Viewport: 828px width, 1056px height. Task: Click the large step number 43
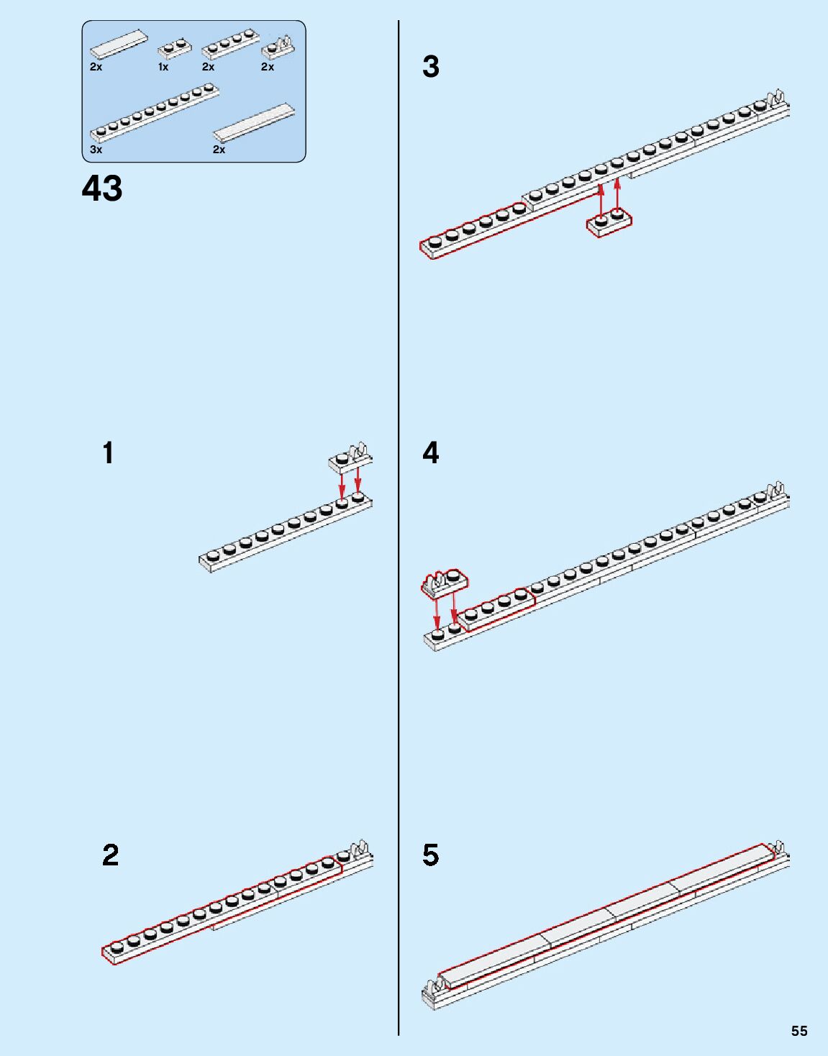[x=102, y=188]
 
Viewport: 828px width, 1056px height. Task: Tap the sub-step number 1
[x=108, y=454]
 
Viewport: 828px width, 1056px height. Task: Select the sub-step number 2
[x=110, y=855]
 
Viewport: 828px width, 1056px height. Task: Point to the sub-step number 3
[x=431, y=67]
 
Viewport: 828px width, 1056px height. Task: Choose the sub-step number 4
[x=431, y=453]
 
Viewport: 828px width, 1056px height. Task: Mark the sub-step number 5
[x=431, y=855]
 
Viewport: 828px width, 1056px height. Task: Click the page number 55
[x=799, y=1031]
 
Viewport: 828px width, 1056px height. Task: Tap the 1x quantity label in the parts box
[x=163, y=67]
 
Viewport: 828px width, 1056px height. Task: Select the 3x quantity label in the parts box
[x=96, y=150]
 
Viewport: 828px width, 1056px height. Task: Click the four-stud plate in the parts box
[x=230, y=44]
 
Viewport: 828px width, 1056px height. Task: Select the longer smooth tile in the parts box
[x=255, y=123]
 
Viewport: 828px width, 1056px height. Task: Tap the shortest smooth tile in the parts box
[x=120, y=44]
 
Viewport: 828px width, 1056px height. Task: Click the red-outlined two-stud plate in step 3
[x=610, y=222]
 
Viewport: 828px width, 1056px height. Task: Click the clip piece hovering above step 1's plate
[x=350, y=458]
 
